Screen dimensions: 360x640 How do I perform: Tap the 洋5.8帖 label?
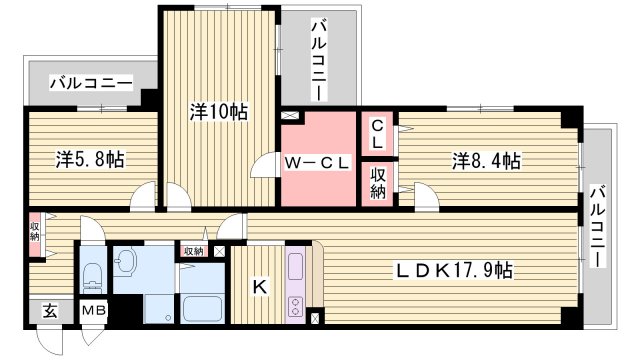point(90,159)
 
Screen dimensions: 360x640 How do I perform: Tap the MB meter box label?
point(94,312)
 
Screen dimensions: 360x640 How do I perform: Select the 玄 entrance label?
point(49,310)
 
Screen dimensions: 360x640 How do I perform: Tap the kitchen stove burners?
point(295,306)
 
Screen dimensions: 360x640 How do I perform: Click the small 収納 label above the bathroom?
point(193,250)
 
